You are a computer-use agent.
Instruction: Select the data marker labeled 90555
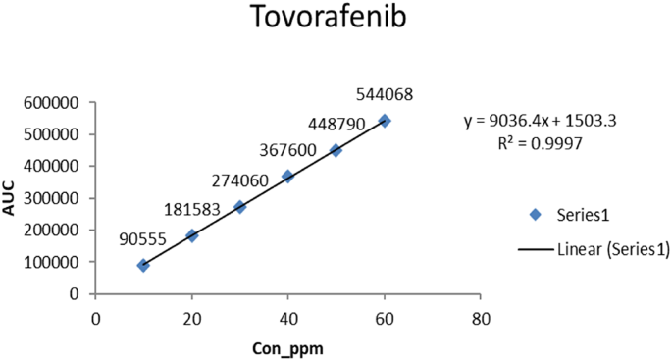click(x=144, y=265)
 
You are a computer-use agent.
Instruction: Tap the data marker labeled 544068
click(x=385, y=121)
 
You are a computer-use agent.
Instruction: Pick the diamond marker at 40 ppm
click(x=287, y=177)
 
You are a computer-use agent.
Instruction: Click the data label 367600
click(x=290, y=151)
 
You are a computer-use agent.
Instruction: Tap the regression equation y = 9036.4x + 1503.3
click(x=539, y=122)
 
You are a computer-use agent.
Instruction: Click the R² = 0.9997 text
click(x=540, y=142)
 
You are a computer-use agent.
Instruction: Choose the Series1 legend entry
click(x=579, y=215)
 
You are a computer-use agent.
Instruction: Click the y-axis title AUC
click(x=11, y=196)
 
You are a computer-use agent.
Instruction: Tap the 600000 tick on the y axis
click(x=57, y=101)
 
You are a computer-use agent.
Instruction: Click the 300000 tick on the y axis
click(x=57, y=197)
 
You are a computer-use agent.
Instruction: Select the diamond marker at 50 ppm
click(x=336, y=150)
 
